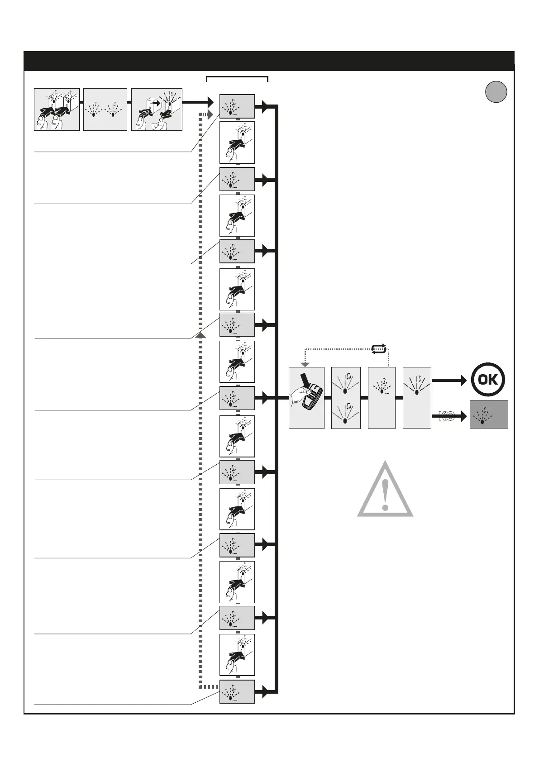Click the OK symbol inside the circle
488,379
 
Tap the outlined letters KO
446,416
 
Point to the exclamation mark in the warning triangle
385,494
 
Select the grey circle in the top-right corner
496,92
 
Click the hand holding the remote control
306,398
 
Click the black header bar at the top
269,61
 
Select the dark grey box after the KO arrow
489,414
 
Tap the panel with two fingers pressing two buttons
57,110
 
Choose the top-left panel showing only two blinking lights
105,110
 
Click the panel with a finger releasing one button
157,110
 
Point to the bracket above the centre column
237,78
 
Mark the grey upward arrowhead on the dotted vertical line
201,335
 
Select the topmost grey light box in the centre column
237,106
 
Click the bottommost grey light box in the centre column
237,691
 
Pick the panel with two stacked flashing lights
346,398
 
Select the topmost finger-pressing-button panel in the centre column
237,143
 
